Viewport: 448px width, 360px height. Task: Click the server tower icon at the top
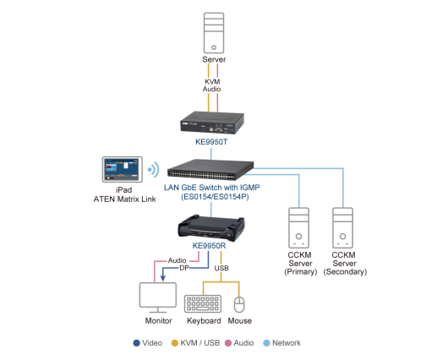214,33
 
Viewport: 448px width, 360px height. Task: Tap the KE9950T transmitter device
212,123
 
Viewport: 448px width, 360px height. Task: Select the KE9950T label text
211,142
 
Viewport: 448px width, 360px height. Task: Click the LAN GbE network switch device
210,170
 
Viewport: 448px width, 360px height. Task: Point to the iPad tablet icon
123,169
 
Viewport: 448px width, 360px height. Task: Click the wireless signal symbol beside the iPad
154,169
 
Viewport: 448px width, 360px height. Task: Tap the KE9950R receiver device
211,228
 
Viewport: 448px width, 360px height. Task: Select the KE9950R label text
209,246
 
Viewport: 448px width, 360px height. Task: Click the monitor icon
158,297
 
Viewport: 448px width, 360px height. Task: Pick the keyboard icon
203,303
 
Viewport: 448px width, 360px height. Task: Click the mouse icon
239,304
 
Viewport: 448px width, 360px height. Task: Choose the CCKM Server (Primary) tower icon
299,227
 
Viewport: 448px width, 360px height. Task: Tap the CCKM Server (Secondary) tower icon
343,227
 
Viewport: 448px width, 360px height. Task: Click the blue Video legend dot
137,343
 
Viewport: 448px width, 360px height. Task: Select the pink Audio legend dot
228,343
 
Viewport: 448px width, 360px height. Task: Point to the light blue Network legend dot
266,343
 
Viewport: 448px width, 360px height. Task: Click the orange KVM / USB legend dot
175,343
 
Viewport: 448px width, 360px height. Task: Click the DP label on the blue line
184,268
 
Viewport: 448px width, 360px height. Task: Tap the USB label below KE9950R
221,268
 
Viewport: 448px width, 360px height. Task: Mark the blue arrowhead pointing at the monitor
163,278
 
